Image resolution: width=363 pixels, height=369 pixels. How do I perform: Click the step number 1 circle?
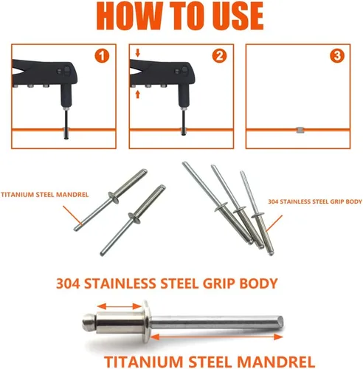tap(102, 56)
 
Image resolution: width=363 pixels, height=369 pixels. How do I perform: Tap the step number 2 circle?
tap(219, 56)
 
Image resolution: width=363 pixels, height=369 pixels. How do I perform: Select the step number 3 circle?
tap(336, 56)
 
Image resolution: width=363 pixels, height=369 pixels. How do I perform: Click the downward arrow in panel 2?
tap(137, 53)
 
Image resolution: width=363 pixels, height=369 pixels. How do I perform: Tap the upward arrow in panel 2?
tap(137, 94)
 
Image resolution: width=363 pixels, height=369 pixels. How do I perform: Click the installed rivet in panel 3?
tap(300, 130)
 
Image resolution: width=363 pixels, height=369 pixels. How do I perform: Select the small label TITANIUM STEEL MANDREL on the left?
tap(44, 195)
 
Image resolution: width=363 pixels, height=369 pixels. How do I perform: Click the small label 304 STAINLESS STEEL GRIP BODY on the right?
tap(315, 201)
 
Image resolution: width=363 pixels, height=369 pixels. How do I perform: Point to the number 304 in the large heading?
tap(68, 283)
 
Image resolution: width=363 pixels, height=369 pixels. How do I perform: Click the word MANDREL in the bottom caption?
tap(276, 362)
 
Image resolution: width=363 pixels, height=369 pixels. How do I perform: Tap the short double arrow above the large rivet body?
tap(119, 306)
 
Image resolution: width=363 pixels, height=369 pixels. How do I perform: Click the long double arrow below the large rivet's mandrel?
tap(216, 337)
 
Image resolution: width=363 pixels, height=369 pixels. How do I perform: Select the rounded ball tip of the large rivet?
tap(89, 323)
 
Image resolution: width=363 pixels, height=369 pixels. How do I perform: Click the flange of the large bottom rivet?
tap(146, 322)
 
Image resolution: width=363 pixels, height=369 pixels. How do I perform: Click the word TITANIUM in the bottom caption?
tap(144, 362)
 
